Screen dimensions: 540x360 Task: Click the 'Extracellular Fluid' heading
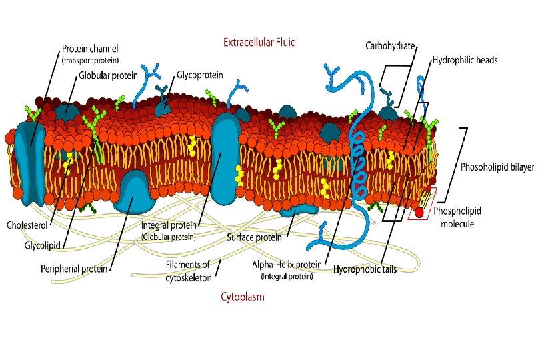(259, 42)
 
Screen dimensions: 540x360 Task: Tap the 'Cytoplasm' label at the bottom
(242, 297)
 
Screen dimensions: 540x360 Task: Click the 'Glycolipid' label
(43, 245)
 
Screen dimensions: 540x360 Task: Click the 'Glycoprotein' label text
(200, 75)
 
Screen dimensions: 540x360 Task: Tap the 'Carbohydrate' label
(390, 46)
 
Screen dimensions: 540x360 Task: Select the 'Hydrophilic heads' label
(465, 60)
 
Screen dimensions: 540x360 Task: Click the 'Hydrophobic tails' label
(366, 270)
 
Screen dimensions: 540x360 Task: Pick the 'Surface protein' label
(253, 237)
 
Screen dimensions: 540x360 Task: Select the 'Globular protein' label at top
(109, 75)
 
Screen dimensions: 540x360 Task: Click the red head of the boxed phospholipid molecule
(419, 213)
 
